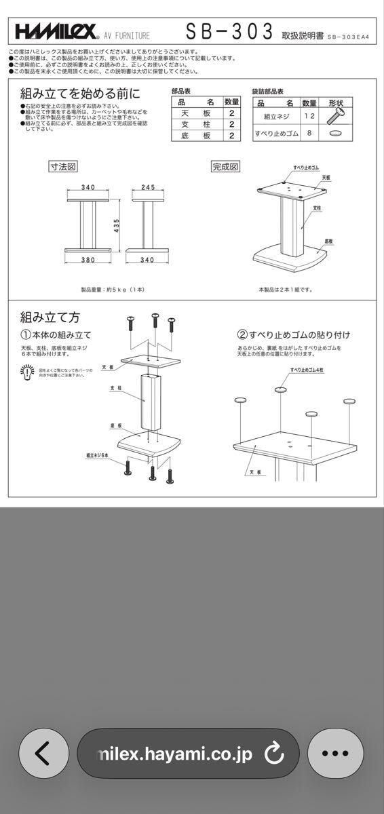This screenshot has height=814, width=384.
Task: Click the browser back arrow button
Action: (x=43, y=753)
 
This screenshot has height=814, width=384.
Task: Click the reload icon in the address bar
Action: (x=274, y=753)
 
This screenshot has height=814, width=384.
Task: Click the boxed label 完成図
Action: (x=225, y=166)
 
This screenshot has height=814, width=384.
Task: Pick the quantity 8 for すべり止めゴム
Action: (x=309, y=134)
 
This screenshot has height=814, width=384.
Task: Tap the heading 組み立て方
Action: (x=50, y=316)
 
